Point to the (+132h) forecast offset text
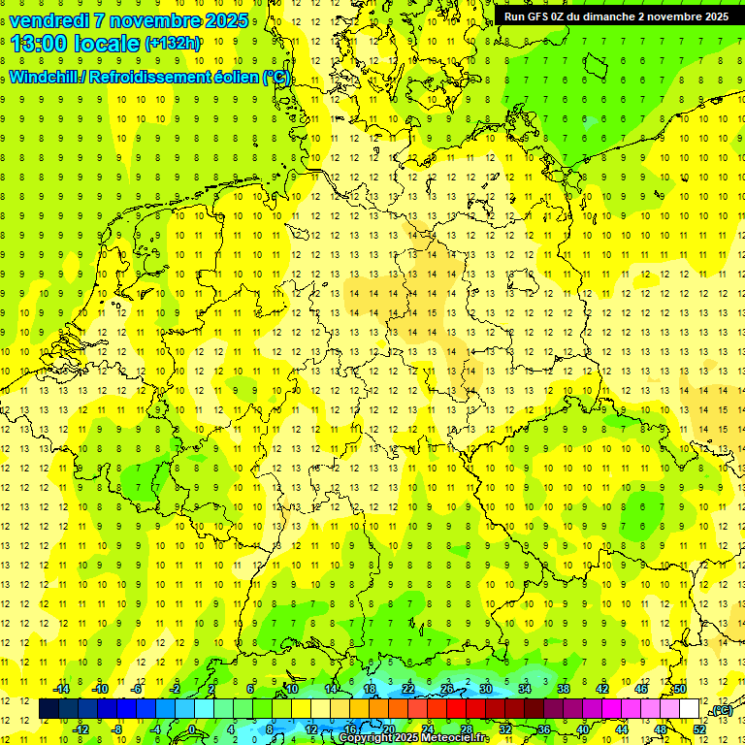[x=173, y=44]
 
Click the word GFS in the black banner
[x=538, y=16]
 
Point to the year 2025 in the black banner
[x=716, y=16]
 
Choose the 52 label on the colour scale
[x=699, y=729]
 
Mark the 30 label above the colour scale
[x=485, y=689]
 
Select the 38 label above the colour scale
[x=563, y=689]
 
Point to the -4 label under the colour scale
[x=156, y=729]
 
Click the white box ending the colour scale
[x=689, y=709]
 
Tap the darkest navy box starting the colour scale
[x=49, y=709]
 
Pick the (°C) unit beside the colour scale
[x=721, y=710]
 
